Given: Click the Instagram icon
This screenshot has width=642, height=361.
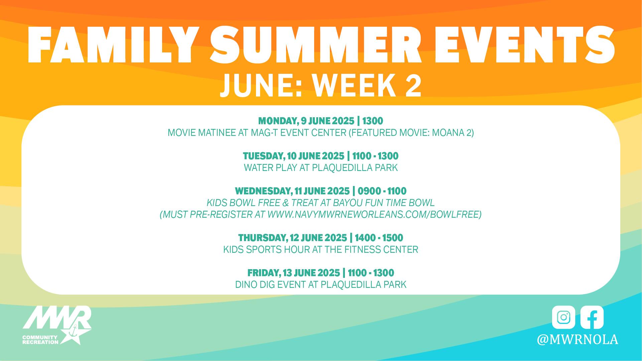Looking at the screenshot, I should coord(563,317).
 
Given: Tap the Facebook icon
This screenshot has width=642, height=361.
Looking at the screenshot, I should coord(592,317).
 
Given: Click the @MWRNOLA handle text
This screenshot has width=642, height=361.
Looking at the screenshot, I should coord(577,339).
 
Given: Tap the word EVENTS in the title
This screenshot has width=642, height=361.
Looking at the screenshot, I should coord(523,45).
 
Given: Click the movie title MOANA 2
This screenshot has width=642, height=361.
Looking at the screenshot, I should coord(451,133).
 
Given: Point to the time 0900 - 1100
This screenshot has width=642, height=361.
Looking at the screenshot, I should coord(382,191).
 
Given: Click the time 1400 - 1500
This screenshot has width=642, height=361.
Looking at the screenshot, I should coord(379,238).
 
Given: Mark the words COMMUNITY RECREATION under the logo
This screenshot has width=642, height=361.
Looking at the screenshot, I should coord(40,340).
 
